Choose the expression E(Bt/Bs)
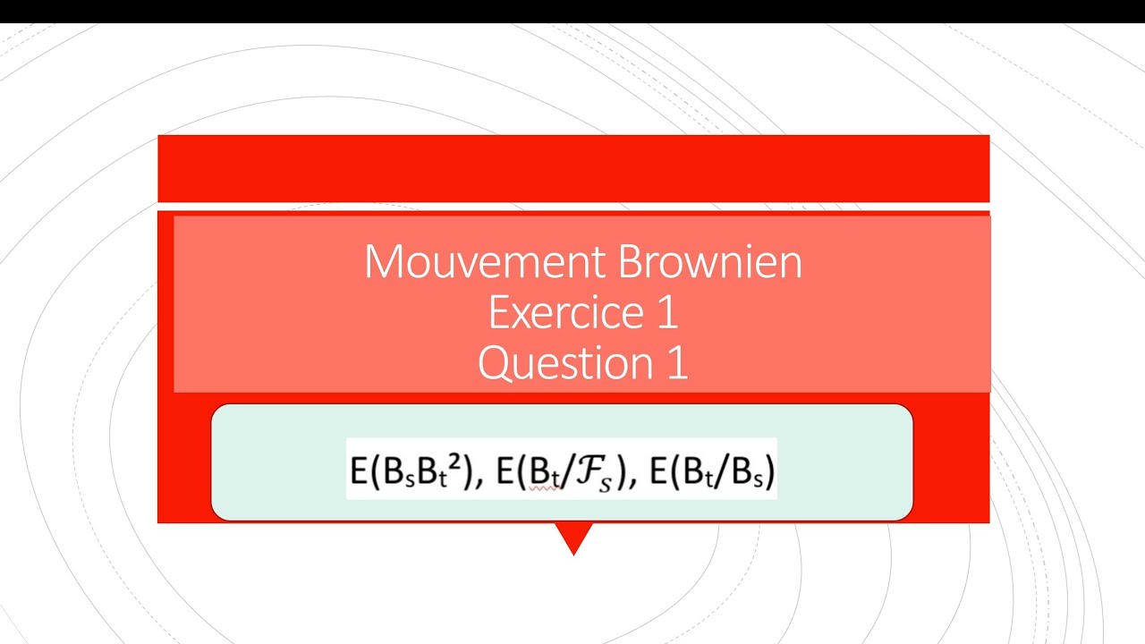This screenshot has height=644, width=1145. [x=711, y=469]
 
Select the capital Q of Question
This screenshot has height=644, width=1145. [x=494, y=364]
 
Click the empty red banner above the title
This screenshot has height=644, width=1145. [x=573, y=168]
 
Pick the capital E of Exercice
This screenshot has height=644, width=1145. [x=498, y=313]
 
